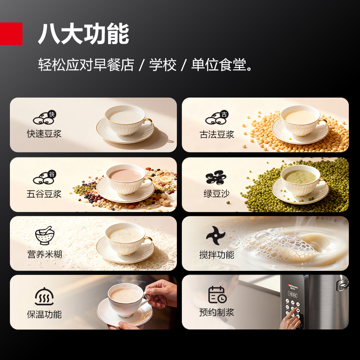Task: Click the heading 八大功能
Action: tap(83, 33)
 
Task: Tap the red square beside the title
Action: tap(11, 33)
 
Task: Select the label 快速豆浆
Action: tap(44, 134)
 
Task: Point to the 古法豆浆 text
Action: tap(217, 134)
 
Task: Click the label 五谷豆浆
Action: tap(44, 194)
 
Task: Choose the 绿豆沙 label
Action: tap(216, 193)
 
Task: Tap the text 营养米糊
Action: tap(45, 254)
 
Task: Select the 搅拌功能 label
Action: tap(217, 255)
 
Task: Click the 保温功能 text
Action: tap(44, 314)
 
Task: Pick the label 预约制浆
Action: tap(216, 312)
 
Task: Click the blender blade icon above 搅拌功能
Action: tap(216, 235)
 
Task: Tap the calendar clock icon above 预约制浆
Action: tap(217, 295)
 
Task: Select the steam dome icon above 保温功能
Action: tap(44, 296)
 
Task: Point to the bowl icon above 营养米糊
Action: tap(45, 235)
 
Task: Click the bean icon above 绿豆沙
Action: tap(216, 177)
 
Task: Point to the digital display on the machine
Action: tap(293, 295)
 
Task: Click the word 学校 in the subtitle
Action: tap(163, 65)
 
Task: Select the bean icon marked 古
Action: tap(217, 117)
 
